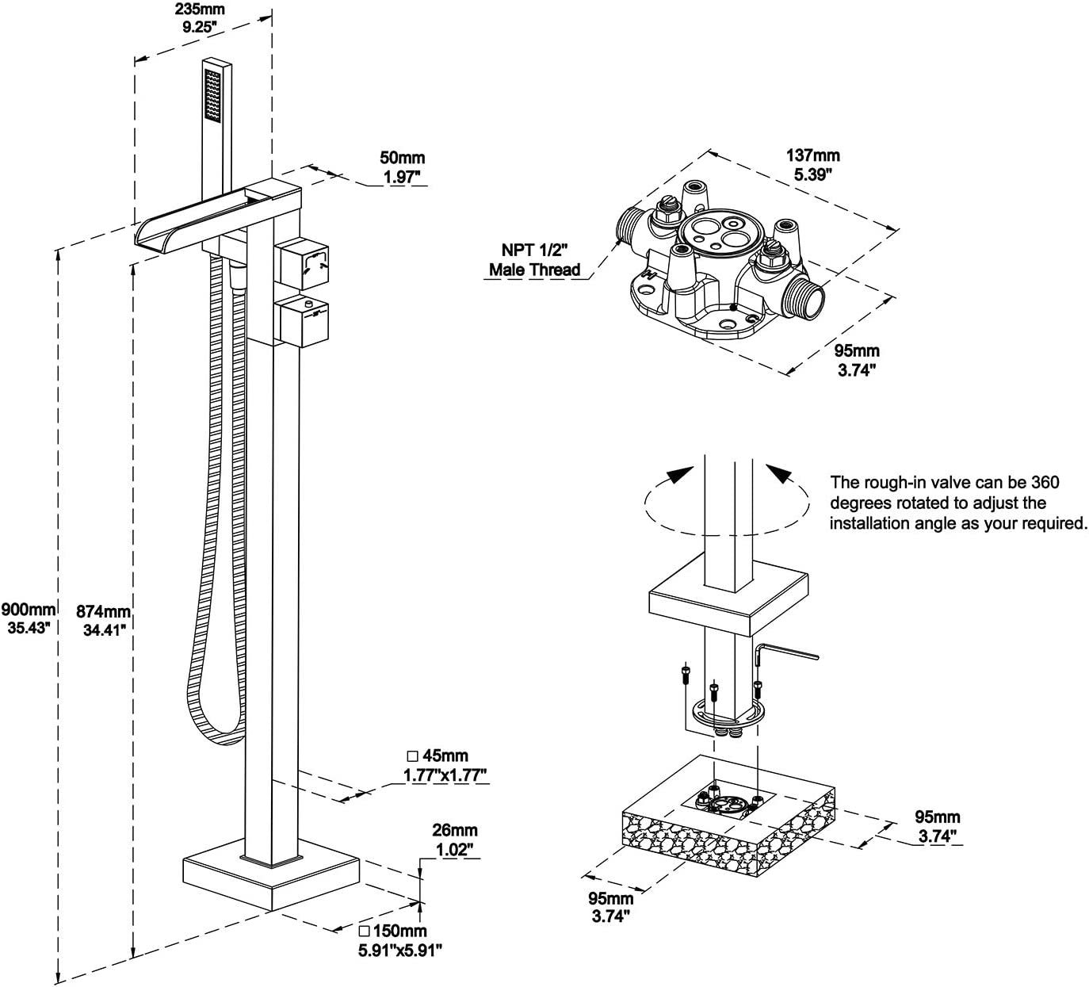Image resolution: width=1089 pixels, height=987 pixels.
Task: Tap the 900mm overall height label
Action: pyautogui.click(x=29, y=618)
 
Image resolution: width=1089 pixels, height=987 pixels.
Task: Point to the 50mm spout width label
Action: pyautogui.click(x=403, y=167)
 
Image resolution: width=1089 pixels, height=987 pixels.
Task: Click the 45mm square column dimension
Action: pyautogui.click(x=446, y=764)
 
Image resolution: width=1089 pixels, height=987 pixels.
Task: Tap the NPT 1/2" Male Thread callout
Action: pyautogui.click(x=534, y=261)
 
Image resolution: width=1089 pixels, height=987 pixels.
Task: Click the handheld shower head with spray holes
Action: pyautogui.click(x=212, y=95)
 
